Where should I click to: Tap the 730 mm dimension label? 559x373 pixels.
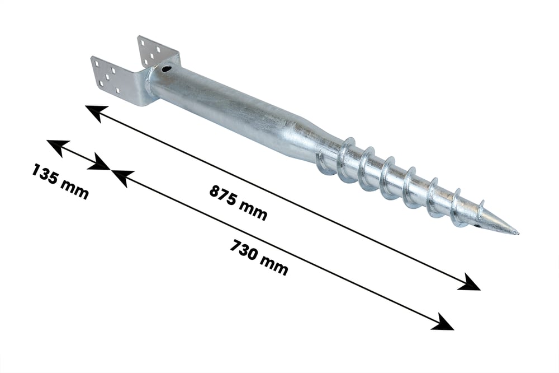pyautogui.click(x=258, y=258)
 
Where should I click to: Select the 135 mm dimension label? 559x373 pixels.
pyautogui.click(x=60, y=181)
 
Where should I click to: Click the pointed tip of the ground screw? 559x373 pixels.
pyautogui.click(x=518, y=234)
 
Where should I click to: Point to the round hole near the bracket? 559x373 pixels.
pyautogui.click(x=166, y=68)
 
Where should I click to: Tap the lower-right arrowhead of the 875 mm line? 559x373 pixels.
pyautogui.click(x=470, y=282)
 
